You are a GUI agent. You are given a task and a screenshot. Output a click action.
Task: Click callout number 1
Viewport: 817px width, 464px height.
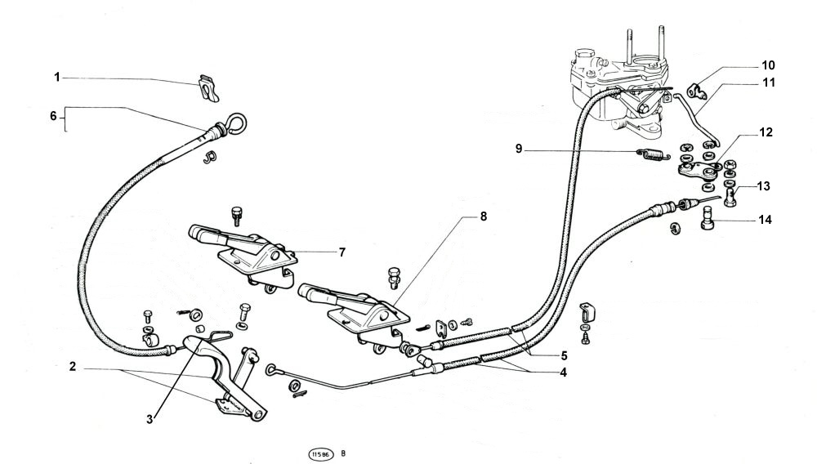click(57, 77)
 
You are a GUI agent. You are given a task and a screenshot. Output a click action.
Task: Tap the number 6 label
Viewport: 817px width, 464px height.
click(54, 116)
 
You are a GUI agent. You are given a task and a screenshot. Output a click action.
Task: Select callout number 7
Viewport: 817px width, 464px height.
click(342, 252)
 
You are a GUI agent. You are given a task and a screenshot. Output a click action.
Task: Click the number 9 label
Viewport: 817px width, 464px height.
click(519, 149)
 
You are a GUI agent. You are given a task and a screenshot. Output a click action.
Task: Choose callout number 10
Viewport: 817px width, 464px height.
click(768, 65)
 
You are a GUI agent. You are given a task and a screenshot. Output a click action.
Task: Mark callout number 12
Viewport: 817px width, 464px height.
click(766, 131)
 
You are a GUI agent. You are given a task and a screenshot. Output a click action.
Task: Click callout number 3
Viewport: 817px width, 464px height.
click(150, 419)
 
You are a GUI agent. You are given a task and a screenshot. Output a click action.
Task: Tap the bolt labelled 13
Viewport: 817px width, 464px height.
click(730, 195)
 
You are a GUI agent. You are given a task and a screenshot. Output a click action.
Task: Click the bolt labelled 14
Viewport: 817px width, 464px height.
click(708, 220)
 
